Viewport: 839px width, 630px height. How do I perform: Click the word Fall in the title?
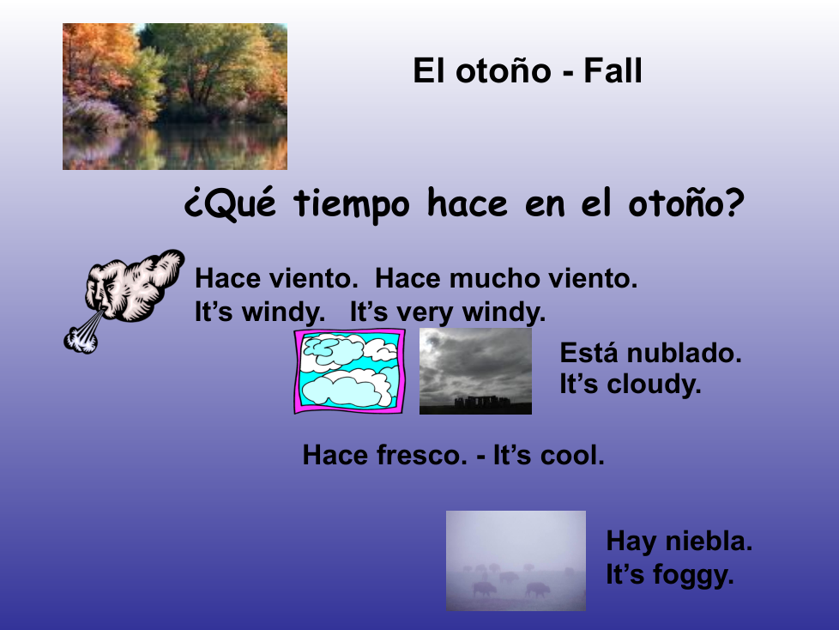pyautogui.click(x=613, y=70)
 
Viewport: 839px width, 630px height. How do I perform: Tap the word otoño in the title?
pyautogui.click(x=503, y=70)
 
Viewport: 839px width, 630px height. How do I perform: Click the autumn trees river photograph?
pyautogui.click(x=175, y=96)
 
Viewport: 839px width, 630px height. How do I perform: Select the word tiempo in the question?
pyautogui.click(x=352, y=203)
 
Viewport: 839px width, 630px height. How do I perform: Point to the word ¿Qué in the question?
pyautogui.click(x=230, y=203)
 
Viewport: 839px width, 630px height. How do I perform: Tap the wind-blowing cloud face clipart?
pyautogui.click(x=124, y=300)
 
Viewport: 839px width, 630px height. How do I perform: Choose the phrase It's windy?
pyautogui.click(x=260, y=312)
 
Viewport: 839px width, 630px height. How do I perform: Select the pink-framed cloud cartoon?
pyautogui.click(x=349, y=371)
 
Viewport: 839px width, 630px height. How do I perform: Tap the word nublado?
pyautogui.click(x=684, y=354)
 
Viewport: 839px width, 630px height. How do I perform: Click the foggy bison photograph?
pyautogui.click(x=516, y=561)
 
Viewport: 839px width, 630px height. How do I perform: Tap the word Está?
pyautogui.click(x=590, y=354)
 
